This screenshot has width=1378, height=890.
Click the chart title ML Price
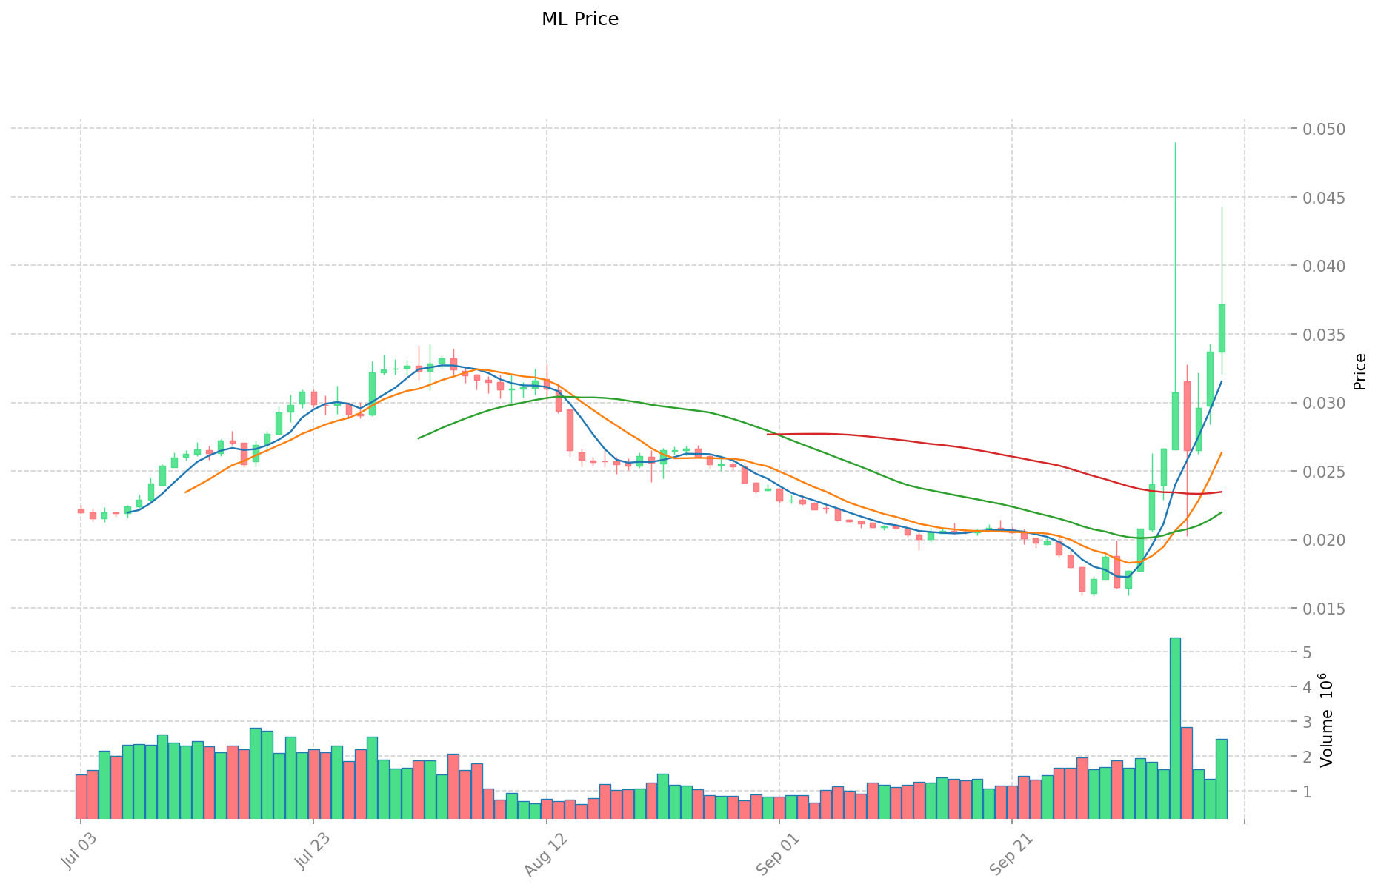click(579, 19)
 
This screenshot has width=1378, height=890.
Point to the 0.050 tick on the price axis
click(1325, 129)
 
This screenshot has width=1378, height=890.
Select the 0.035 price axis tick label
click(1325, 335)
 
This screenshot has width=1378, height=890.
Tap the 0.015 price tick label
click(1325, 609)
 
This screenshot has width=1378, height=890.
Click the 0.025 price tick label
click(1325, 472)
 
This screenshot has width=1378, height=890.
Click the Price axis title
click(1359, 372)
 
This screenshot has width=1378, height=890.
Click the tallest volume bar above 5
click(1175, 727)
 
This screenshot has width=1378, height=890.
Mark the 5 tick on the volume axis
click(1307, 652)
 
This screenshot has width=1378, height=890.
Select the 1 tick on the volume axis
click(1307, 792)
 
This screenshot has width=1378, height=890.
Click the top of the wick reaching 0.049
click(1175, 143)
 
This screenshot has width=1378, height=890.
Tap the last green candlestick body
click(1222, 328)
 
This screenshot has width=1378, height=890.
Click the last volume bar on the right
click(1222, 778)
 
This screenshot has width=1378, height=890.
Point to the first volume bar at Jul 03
click(81, 796)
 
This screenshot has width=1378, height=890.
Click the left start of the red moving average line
click(768, 435)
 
